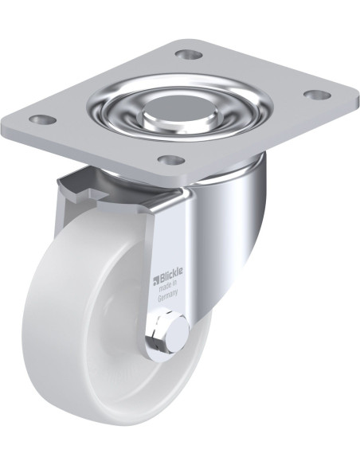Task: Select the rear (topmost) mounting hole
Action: pos(188,55)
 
